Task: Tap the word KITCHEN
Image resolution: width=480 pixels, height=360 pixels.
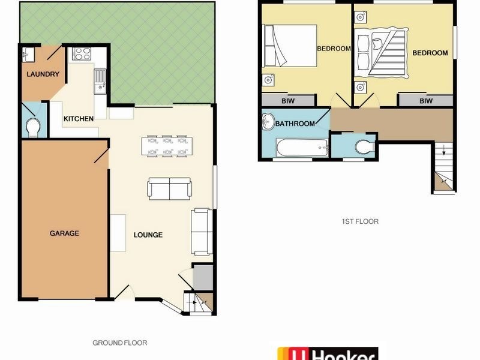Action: tap(79, 119)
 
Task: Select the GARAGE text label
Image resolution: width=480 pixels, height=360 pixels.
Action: tap(64, 233)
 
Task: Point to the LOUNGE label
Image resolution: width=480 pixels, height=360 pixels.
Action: tap(148, 235)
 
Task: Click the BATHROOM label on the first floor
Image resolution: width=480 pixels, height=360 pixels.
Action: tap(295, 124)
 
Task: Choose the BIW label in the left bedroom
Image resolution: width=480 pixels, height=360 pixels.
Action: tap(280, 101)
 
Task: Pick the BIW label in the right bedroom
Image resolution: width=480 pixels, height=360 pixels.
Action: tap(425, 101)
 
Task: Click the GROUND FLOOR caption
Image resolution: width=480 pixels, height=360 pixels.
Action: tap(119, 343)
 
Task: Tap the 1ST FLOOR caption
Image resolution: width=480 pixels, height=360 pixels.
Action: tap(360, 221)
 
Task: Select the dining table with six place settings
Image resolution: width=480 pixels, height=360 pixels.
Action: tap(167, 146)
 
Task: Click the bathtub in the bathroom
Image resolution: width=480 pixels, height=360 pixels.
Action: tap(301, 147)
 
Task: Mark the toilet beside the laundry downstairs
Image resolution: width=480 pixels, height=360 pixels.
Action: tap(34, 127)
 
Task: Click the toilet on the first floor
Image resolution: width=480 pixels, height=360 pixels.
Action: tap(364, 146)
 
